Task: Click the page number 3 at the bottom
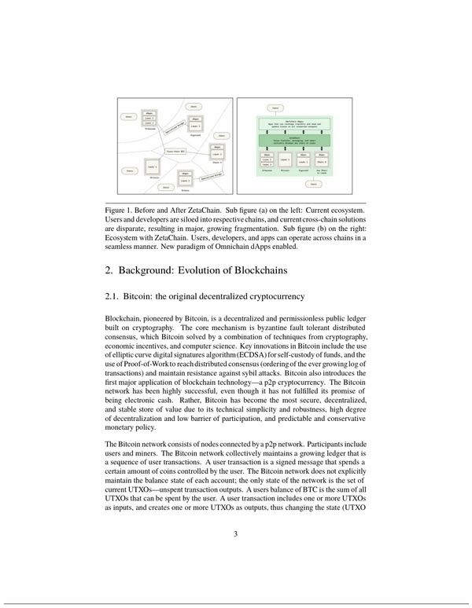coord(235,536)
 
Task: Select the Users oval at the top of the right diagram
coord(274,108)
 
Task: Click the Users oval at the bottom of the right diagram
coord(314,185)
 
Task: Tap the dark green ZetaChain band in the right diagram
coord(297,138)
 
